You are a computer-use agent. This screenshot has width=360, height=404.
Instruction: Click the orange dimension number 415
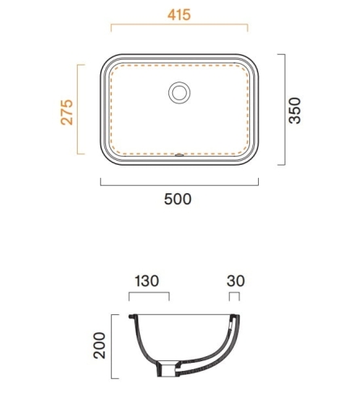tap(179, 15)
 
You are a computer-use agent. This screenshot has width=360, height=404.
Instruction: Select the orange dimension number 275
tap(66, 112)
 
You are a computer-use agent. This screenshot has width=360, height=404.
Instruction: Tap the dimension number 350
tap(294, 111)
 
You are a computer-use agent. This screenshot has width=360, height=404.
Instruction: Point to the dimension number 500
tap(178, 200)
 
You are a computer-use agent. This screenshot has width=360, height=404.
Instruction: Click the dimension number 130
tap(146, 281)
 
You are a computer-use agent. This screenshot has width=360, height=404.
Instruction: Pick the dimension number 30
tap(235, 281)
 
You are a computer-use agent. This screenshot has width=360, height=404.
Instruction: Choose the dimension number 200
tap(100, 346)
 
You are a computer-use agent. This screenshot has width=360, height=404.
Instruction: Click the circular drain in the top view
tap(180, 93)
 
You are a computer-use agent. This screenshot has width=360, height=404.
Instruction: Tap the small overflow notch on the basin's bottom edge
tap(180, 155)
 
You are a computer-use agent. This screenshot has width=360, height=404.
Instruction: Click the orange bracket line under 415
tap(180, 24)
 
